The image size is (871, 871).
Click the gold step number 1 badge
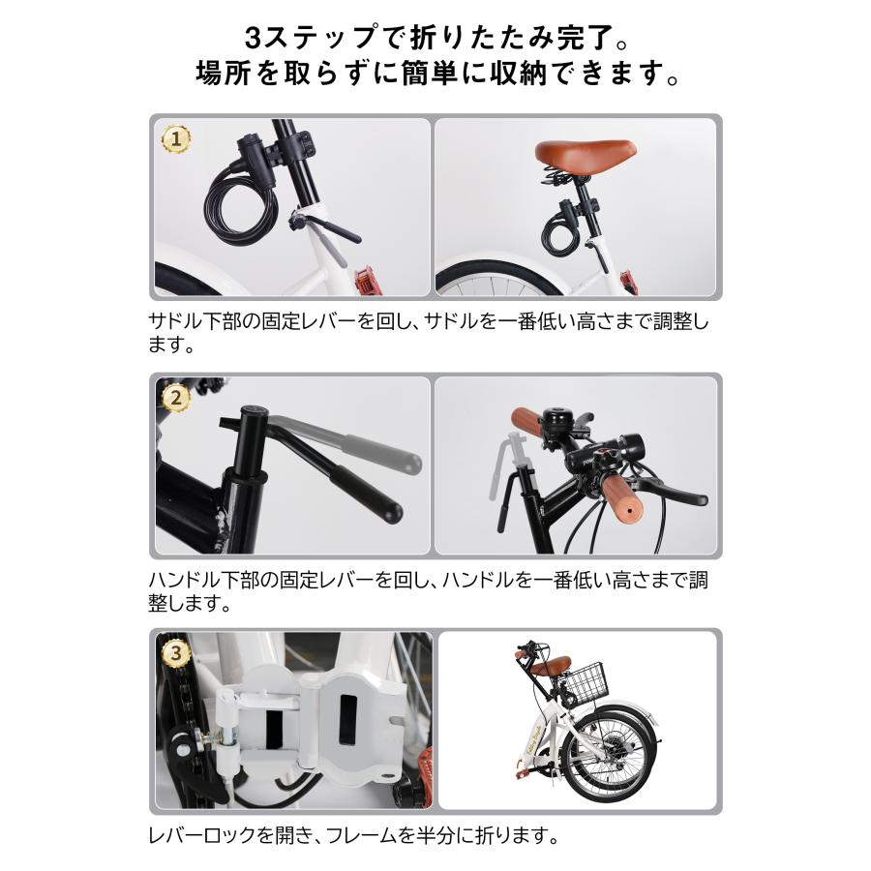(175, 139)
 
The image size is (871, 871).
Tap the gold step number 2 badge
(175, 397)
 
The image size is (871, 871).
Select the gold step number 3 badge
(175, 654)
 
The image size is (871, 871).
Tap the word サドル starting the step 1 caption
(174, 321)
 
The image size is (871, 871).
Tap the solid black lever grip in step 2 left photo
(365, 493)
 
